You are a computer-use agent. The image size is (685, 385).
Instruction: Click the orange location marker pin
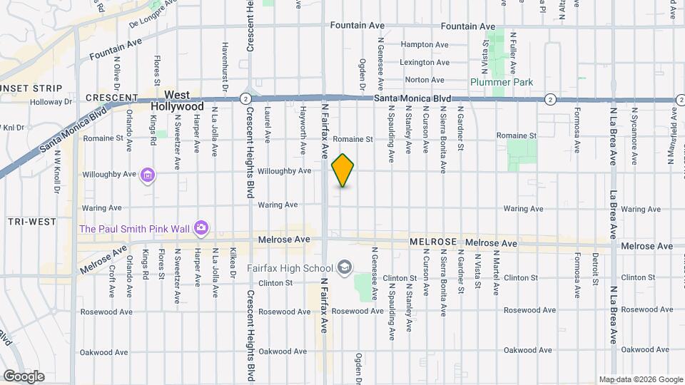click(x=343, y=170)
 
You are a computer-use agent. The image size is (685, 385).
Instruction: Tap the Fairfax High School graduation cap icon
click(x=345, y=268)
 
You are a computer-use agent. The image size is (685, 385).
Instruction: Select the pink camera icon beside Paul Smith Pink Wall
click(x=202, y=228)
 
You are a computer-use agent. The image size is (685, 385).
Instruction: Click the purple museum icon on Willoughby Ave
click(x=148, y=174)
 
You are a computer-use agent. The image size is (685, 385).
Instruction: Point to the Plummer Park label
click(x=502, y=83)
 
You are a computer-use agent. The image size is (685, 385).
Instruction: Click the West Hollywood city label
click(x=177, y=101)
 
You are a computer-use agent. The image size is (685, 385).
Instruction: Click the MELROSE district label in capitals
click(x=433, y=243)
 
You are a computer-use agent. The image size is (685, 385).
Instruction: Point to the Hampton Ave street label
click(x=424, y=44)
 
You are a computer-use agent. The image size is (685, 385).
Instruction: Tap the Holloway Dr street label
click(x=51, y=102)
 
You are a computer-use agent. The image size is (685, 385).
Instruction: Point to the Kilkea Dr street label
click(x=233, y=265)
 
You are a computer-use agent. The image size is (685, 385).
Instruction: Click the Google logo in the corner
click(x=24, y=376)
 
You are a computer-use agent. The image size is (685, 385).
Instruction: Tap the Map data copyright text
click(x=640, y=379)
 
